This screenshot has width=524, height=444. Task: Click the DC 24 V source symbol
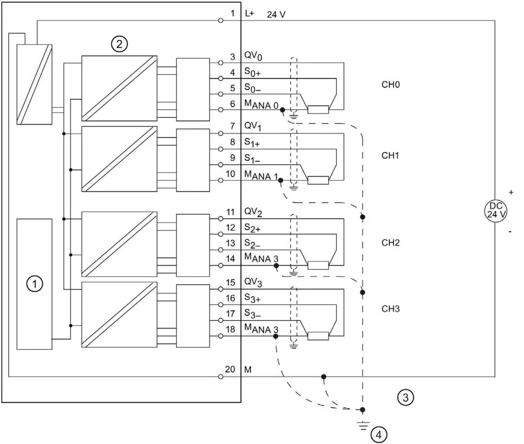[x=494, y=210]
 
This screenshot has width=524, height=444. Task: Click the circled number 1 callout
[x=34, y=284]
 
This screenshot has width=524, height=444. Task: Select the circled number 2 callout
[x=119, y=45]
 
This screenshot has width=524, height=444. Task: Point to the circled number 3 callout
[x=406, y=397]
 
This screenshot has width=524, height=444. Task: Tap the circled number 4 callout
[x=379, y=434]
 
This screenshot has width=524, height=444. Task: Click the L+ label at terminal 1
[x=249, y=14]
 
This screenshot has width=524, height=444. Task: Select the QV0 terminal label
[x=253, y=57]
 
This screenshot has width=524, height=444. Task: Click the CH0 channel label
[x=390, y=85]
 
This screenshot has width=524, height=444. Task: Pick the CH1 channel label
[x=390, y=155]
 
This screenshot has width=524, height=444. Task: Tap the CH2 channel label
[x=390, y=242]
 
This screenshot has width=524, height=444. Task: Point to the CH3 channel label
[x=390, y=308]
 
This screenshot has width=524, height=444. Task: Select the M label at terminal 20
[x=248, y=370]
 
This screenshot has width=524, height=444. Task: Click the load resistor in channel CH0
[x=318, y=109]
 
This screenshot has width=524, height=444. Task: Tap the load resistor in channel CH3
[x=318, y=336]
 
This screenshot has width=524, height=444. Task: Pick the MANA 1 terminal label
[x=260, y=175]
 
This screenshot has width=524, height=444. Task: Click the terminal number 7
[x=232, y=126]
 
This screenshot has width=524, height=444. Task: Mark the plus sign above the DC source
[x=510, y=192]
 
